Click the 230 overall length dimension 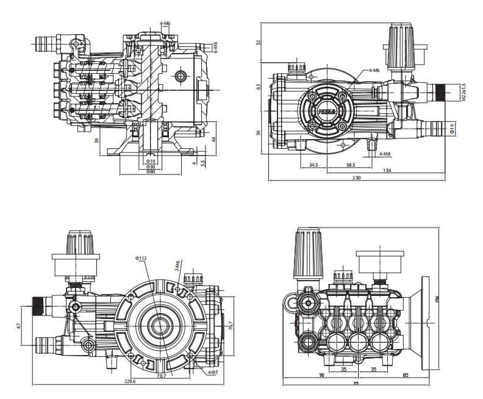click(357, 178)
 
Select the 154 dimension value click(387, 170)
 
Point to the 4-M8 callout click(385, 154)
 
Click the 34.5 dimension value click(313, 165)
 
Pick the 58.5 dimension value click(351, 165)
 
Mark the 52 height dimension click(259, 43)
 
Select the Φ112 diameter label click(141, 258)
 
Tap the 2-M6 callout click(177, 267)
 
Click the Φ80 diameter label click(149, 173)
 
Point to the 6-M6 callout click(215, 45)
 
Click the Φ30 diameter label click(149, 167)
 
